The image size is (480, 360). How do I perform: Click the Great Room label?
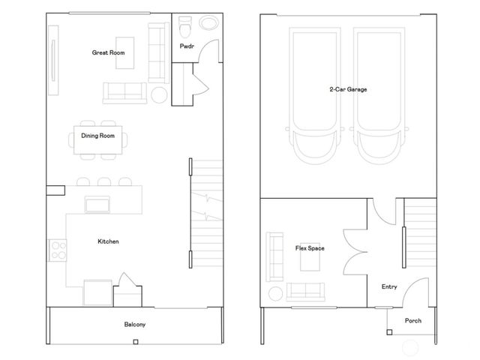(x=108, y=53)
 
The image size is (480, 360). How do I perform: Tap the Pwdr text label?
(x=187, y=46)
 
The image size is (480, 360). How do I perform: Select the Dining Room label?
(x=97, y=136)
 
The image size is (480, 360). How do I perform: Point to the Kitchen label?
(x=108, y=241)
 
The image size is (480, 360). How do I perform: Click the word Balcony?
(x=134, y=325)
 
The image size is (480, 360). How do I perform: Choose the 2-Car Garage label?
(x=348, y=89)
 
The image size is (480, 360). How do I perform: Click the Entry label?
(x=389, y=286)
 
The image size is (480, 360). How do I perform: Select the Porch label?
(x=412, y=320)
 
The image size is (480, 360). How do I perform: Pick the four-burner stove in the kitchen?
(x=56, y=249)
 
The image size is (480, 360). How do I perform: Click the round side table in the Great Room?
(x=160, y=94)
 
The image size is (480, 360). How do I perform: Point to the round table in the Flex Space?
(x=275, y=293)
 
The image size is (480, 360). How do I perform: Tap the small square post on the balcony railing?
(x=134, y=343)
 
